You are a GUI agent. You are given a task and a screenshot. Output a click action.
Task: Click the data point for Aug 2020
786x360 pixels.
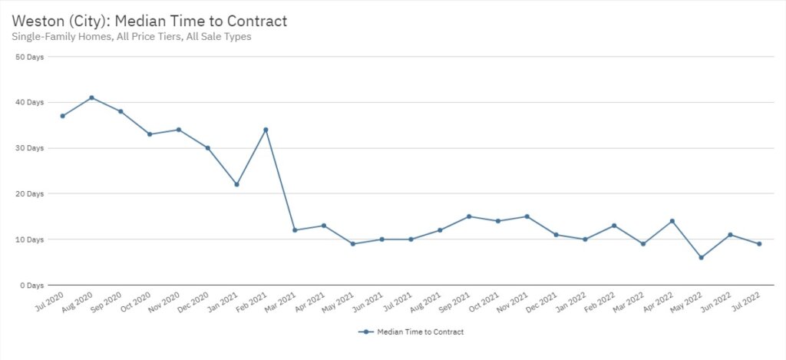coord(91,97)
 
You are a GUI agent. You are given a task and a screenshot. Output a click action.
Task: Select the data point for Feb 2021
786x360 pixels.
coord(266,130)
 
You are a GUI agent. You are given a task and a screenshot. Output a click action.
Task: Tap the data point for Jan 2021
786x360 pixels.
coord(236,184)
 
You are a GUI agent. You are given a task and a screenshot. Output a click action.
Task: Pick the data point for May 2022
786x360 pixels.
coord(701,257)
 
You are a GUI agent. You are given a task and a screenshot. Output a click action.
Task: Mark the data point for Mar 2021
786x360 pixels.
coord(295,230)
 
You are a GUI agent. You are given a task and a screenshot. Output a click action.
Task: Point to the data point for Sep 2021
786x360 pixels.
coord(469,216)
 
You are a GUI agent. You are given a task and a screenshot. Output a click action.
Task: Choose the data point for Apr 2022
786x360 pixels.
coord(672,221)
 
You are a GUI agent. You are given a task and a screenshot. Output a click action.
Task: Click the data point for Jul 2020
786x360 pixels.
coord(62,116)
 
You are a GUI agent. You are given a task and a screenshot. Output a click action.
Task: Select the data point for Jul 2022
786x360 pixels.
coord(759,244)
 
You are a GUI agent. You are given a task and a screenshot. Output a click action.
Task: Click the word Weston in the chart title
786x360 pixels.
coord(38,19)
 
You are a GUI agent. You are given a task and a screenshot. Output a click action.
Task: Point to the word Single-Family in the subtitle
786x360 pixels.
coord(40,36)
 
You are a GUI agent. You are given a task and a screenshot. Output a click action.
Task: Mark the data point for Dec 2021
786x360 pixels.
coord(556,235)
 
